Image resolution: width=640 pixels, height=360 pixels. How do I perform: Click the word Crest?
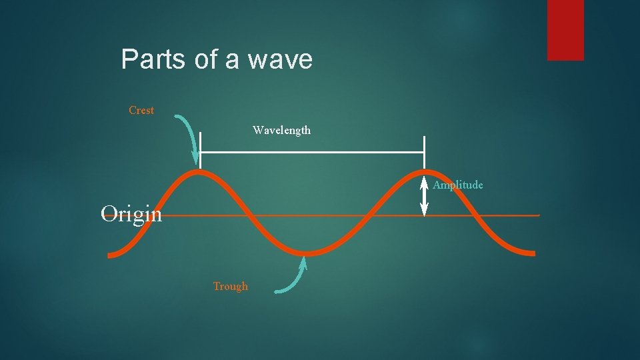(x=141, y=111)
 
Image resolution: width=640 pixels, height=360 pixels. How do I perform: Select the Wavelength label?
(x=281, y=131)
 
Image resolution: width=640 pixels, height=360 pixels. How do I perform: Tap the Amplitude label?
(x=458, y=185)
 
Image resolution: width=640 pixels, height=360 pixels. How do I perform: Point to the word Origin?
(x=131, y=214)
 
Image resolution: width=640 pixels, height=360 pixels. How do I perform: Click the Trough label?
(x=230, y=287)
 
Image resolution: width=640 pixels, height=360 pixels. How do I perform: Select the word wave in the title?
(x=280, y=60)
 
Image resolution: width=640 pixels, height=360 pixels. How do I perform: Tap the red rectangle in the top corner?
(x=565, y=30)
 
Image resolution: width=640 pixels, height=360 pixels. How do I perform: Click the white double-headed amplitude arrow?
(x=424, y=197)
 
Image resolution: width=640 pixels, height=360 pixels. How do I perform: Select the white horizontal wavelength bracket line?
(x=312, y=152)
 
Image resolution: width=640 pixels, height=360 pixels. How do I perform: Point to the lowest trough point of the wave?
(x=308, y=253)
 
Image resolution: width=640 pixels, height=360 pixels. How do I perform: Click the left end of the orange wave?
(x=111, y=254)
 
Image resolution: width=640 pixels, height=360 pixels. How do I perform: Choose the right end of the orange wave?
(x=533, y=253)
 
